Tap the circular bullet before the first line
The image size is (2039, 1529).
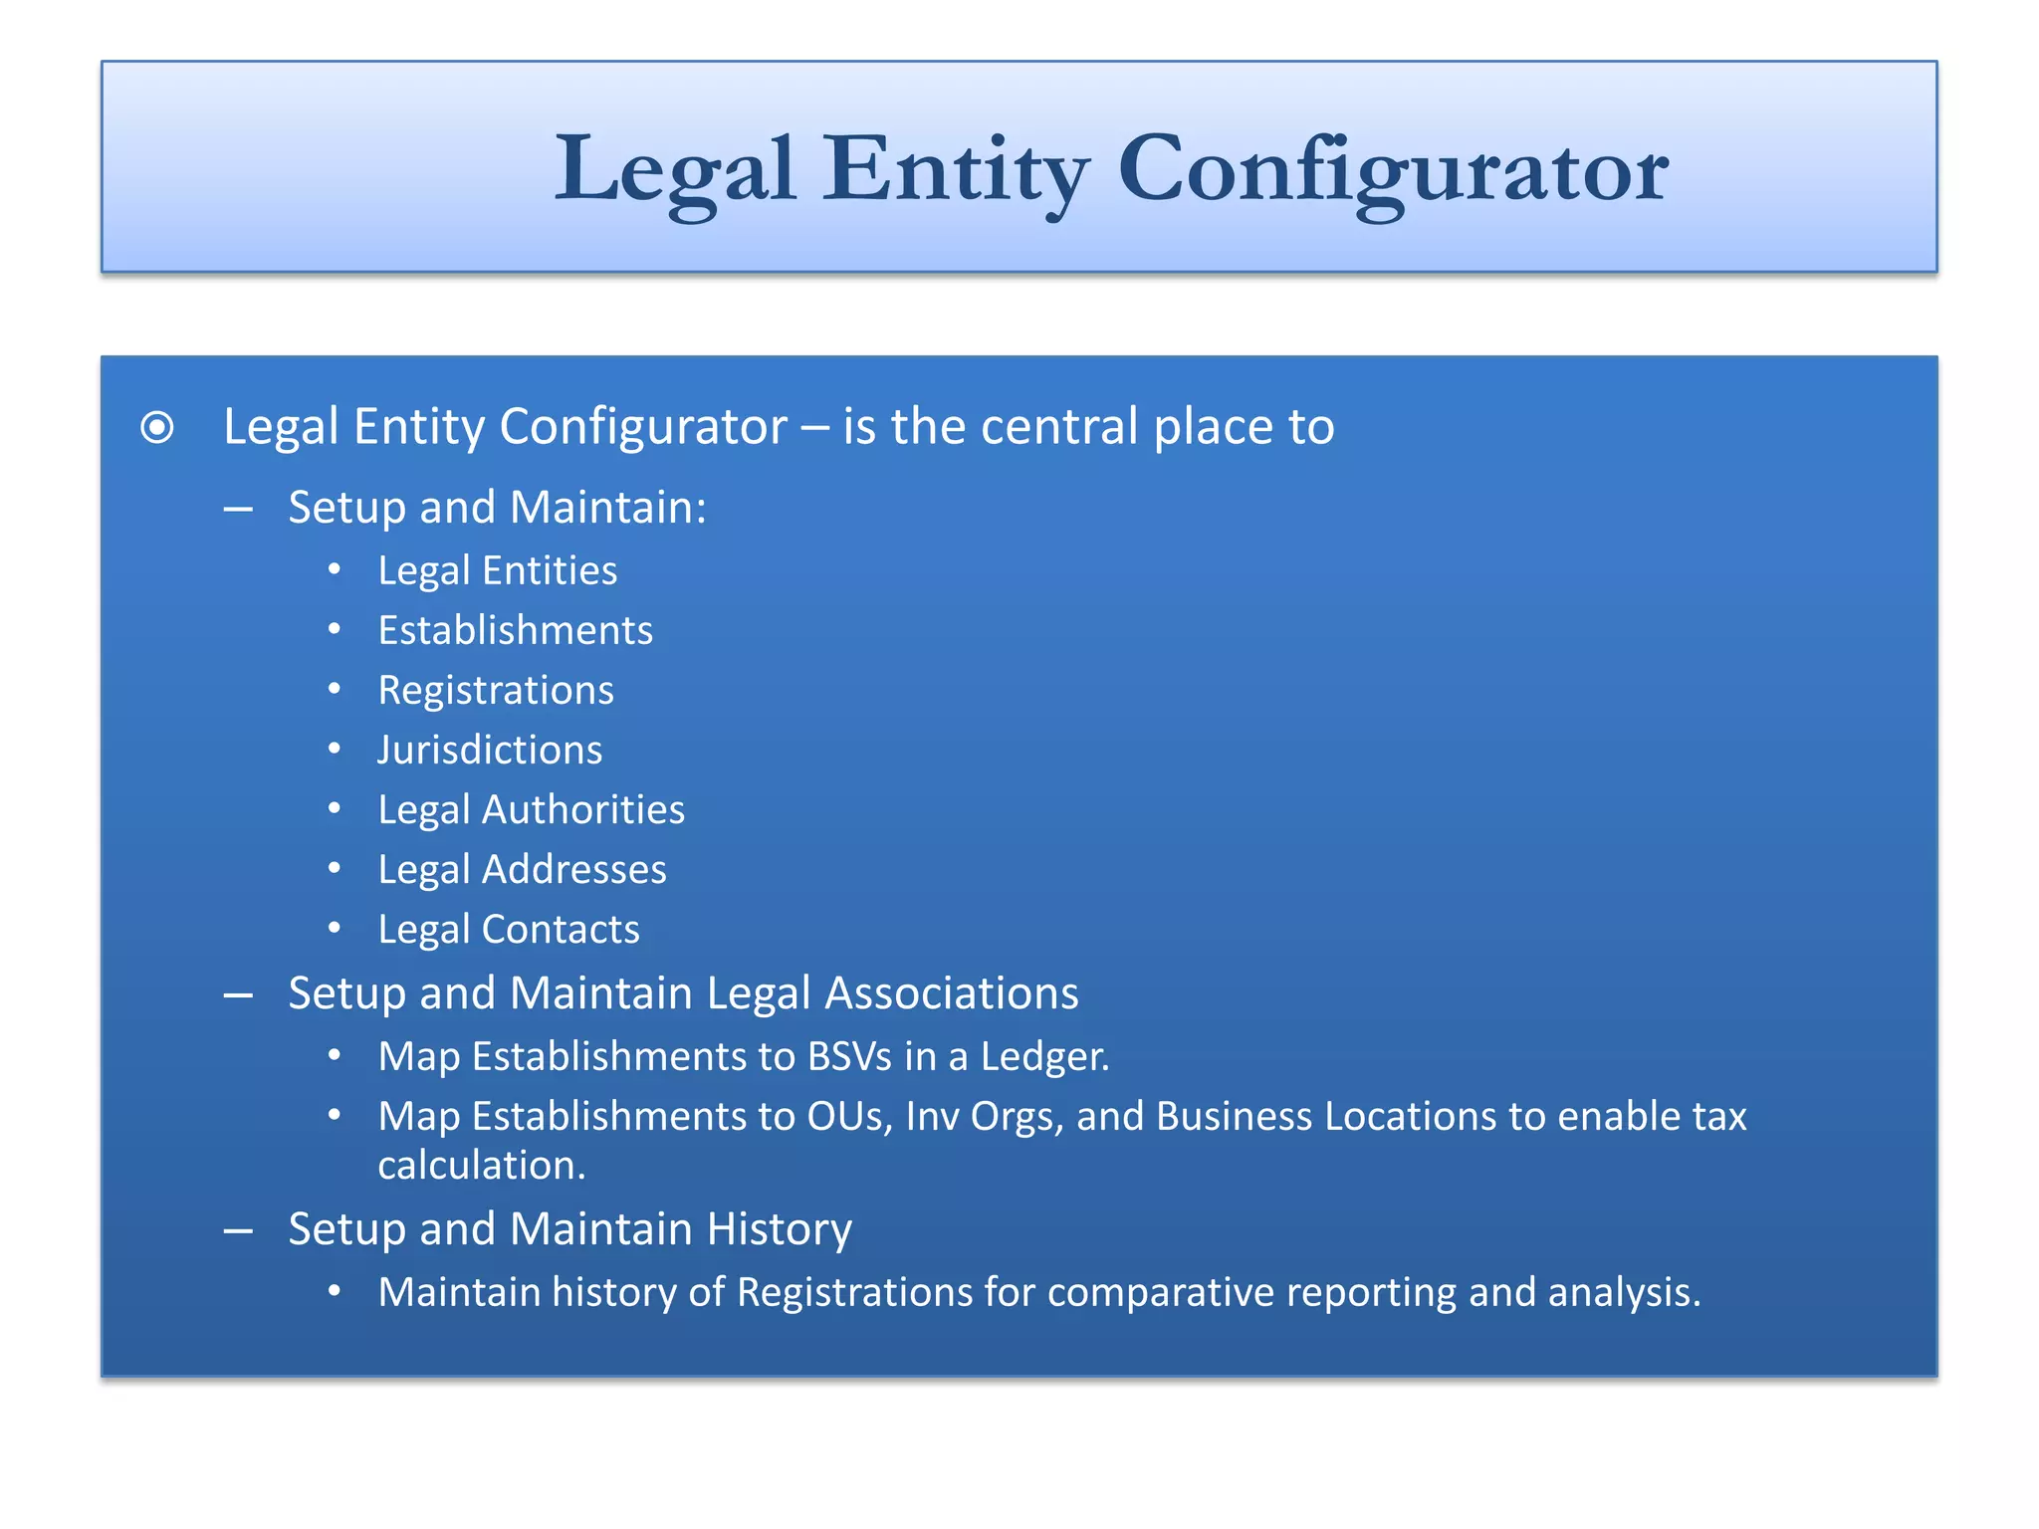pyautogui.click(x=157, y=428)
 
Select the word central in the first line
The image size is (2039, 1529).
pyautogui.click(x=1058, y=427)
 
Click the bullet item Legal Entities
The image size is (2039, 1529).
pyautogui.click(x=497, y=571)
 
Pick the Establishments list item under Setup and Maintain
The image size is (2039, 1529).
pyautogui.click(x=515, y=631)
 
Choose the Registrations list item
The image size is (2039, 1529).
pyautogui.click(x=496, y=691)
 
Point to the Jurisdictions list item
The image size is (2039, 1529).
pyautogui.click(x=490, y=751)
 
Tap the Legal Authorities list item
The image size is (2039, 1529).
pyautogui.click(x=531, y=810)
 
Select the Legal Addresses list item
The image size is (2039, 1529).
pyautogui.click(x=522, y=870)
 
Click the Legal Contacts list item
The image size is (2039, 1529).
pyautogui.click(x=509, y=930)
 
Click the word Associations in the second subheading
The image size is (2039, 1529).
pyautogui.click(x=951, y=993)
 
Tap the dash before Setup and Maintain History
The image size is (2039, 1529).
pyautogui.click(x=238, y=1231)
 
